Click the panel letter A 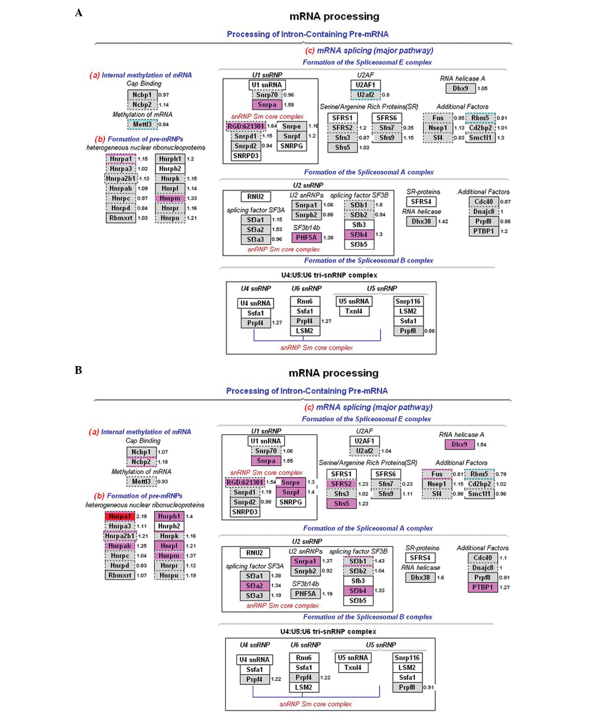[79, 13]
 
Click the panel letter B [78, 370]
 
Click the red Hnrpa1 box [120, 516]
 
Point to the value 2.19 [141, 516]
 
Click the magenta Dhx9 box [459, 444]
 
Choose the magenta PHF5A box [306, 237]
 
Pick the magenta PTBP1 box [482, 587]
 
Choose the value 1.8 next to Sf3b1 [379, 205]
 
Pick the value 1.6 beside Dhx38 [440, 577]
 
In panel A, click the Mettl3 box [142, 124]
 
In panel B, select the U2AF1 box [364, 441]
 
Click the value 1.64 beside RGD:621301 [272, 126]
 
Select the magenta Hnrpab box [120, 546]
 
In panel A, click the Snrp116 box [408, 301]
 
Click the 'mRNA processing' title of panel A [334, 16]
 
